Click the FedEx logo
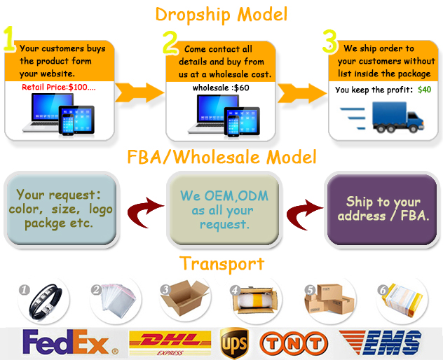click(x=66, y=342)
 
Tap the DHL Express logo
click(x=170, y=342)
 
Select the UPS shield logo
click(x=233, y=342)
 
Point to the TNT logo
click(x=294, y=342)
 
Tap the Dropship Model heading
click(x=221, y=13)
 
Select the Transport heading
click(x=221, y=263)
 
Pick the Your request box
click(x=60, y=209)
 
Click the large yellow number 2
click(x=171, y=43)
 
